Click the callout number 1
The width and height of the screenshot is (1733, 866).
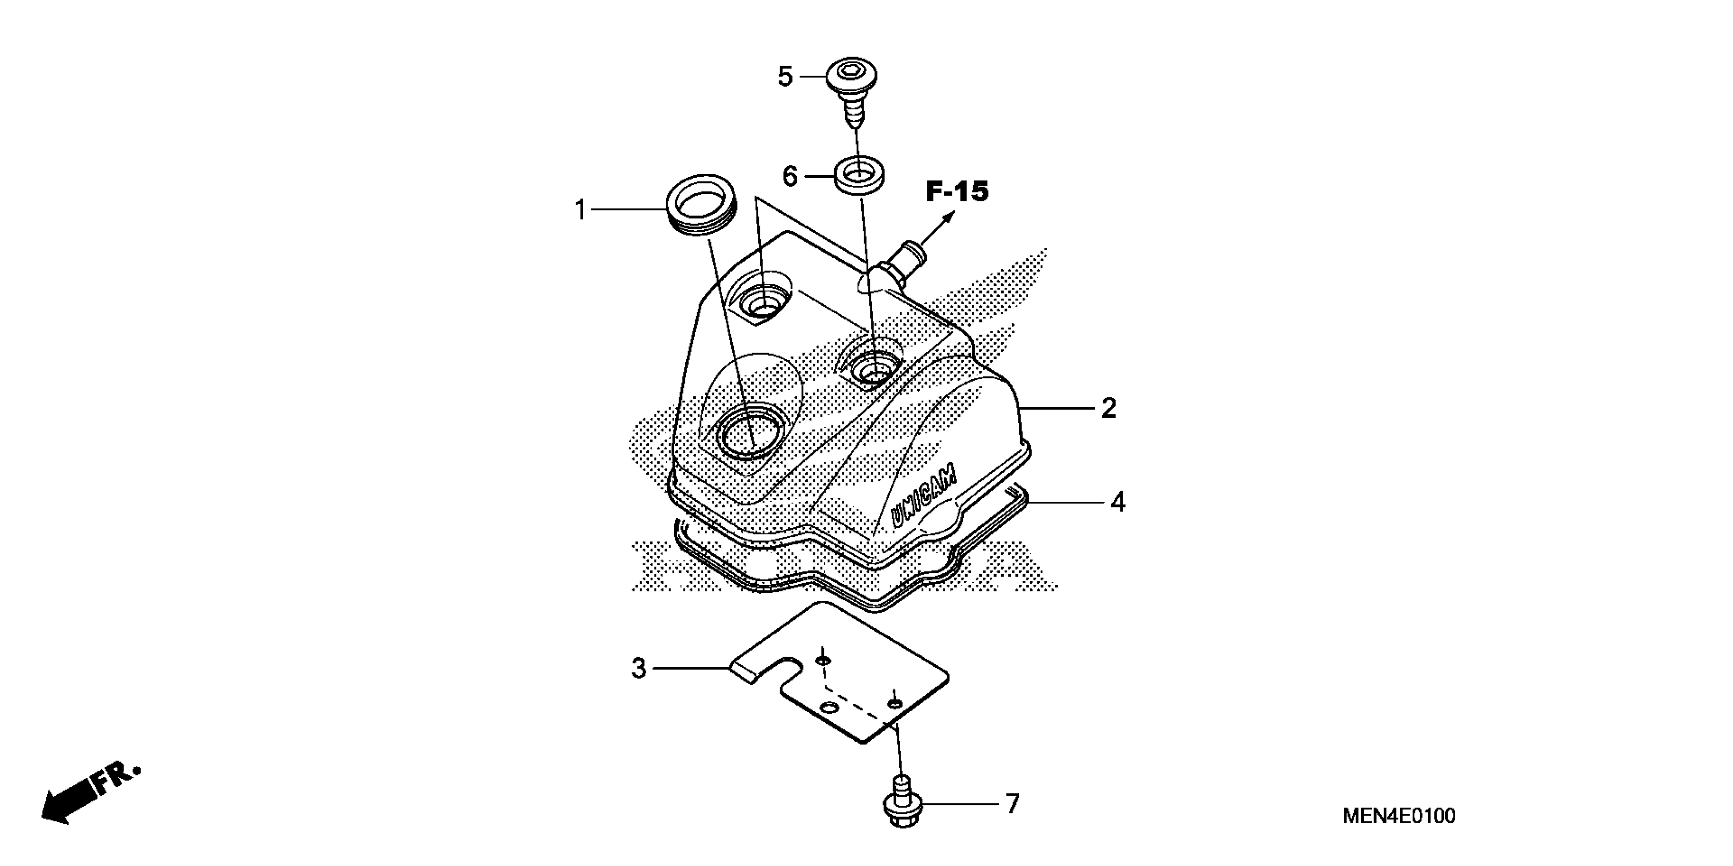pos(580,210)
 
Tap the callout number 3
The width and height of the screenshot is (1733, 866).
pos(639,668)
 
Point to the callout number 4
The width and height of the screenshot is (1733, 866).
pos(1117,502)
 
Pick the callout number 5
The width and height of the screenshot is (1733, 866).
pos(785,77)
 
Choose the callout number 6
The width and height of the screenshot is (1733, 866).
pos(790,177)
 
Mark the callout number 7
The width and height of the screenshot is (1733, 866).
pos(1012,803)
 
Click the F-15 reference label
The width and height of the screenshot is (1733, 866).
pos(957,192)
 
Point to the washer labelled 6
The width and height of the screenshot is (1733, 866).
pos(860,176)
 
